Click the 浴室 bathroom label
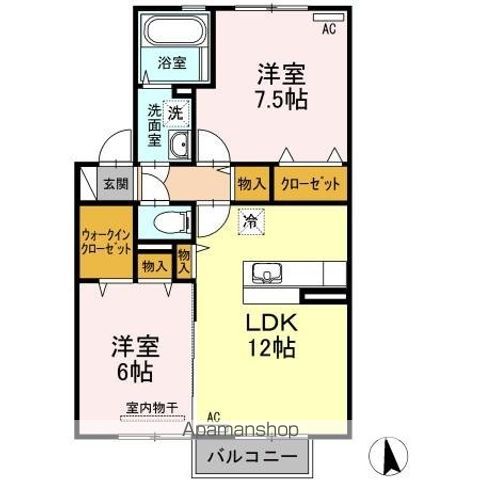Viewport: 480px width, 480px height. [172, 62]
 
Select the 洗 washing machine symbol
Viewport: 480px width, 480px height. [176, 113]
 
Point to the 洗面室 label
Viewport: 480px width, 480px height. [155, 126]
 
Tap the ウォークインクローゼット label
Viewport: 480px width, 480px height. [105, 239]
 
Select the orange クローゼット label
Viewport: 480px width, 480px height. [311, 184]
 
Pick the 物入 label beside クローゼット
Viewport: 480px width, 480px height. [251, 184]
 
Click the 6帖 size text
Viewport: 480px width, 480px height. [133, 372]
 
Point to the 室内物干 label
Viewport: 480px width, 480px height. [151, 408]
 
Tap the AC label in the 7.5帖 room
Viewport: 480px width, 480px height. [328, 29]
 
